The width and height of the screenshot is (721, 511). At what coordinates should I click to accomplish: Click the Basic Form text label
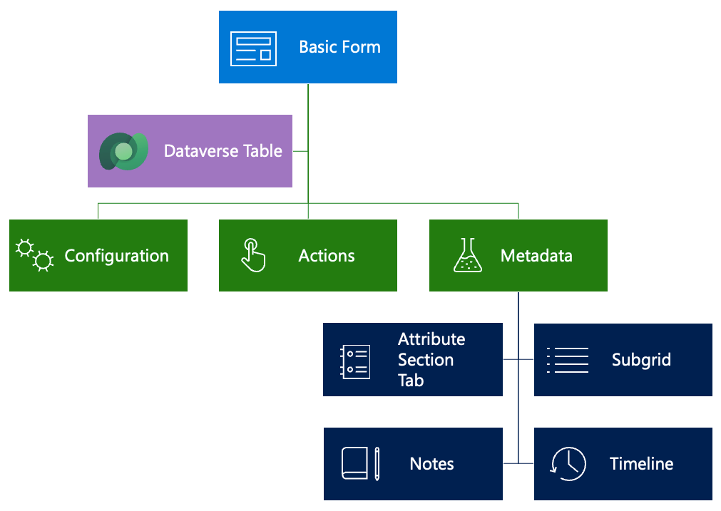pos(339,47)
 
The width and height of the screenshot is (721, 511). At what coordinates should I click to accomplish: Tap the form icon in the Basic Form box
pos(252,48)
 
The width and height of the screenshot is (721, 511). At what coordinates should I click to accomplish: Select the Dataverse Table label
pos(223,151)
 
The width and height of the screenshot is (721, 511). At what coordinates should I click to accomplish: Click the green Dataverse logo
pos(123,151)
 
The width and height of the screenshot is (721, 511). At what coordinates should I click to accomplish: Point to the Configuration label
pos(116,256)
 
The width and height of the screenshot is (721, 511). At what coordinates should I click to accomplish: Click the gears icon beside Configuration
pos(35,256)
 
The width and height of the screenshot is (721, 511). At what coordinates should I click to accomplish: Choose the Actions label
pos(327,256)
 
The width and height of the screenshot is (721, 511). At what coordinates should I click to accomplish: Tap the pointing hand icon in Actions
pos(252,255)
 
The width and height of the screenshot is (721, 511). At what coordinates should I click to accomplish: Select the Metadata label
pos(536,256)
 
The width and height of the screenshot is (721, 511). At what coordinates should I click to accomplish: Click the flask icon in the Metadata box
pos(467,255)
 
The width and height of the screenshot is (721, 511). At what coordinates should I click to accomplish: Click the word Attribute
pos(431,339)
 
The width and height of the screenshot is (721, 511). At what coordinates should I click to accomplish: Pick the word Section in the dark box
pos(425,360)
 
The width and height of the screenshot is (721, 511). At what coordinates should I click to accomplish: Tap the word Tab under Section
pos(411,381)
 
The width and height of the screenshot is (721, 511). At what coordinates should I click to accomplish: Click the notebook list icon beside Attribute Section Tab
pos(355,361)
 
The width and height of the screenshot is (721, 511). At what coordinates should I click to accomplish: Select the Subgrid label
pos(641,360)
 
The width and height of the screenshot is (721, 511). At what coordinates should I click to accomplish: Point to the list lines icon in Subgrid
pos(568,360)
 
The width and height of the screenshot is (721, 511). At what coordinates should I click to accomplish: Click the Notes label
pos(431,464)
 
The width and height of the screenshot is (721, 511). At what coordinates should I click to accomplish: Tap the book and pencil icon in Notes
pos(360,464)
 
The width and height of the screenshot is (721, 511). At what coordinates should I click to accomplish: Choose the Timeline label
pos(641,464)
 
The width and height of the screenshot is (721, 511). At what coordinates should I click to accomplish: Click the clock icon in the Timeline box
pos(568,464)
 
